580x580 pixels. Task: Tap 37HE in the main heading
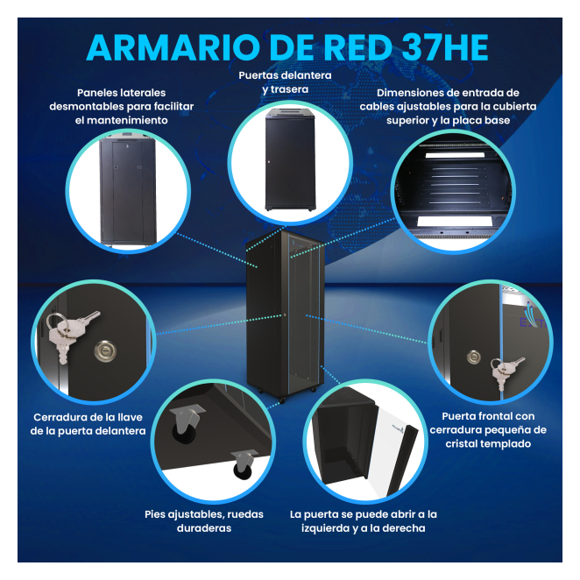coord(444,47)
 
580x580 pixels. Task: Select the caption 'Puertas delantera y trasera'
coord(285,82)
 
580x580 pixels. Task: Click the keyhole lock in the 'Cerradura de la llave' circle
coord(105,350)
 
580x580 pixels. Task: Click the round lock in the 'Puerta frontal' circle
coord(473,357)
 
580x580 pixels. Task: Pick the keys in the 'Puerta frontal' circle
coord(505,371)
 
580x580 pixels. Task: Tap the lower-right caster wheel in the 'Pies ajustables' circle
coord(244,464)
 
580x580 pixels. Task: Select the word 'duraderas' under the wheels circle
coord(204,527)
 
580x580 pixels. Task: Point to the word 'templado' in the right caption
coord(506,443)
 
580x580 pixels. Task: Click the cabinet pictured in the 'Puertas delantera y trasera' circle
coord(290,159)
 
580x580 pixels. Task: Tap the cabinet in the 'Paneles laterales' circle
coord(128,189)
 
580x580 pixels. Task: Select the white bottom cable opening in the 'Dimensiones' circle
coord(455,222)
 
